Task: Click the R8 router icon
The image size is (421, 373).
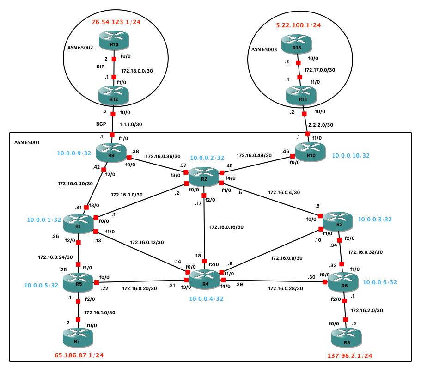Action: point(346,340)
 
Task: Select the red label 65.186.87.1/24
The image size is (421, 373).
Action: point(81,357)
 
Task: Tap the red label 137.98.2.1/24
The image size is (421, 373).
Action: point(349,356)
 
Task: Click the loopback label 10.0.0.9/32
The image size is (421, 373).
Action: point(74,153)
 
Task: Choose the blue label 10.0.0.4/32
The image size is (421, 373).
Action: point(207,299)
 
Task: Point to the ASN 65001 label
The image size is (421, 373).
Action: point(27,143)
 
